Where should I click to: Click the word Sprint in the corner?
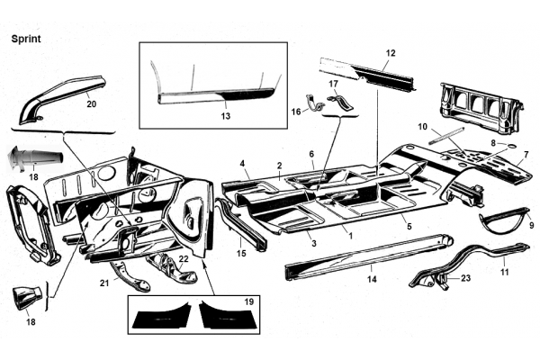click(27, 40)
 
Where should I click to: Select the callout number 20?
click(91, 103)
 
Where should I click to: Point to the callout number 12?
click(389, 53)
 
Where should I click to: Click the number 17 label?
click(333, 84)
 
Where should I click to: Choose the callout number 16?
click(294, 112)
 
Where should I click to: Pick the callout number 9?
click(531, 225)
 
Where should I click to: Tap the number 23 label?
click(465, 278)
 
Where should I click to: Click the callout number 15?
click(241, 255)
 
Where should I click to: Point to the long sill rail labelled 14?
click(369, 255)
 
